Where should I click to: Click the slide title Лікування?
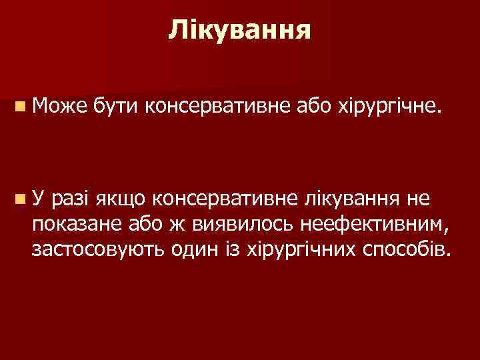[239, 29]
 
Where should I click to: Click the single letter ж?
[177, 223]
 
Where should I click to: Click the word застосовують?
[96, 249]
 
